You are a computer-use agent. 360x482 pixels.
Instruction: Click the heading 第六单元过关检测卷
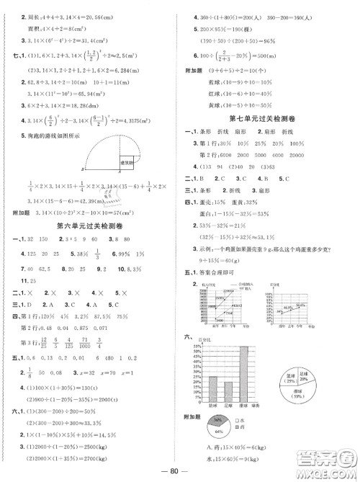tap(89, 226)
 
